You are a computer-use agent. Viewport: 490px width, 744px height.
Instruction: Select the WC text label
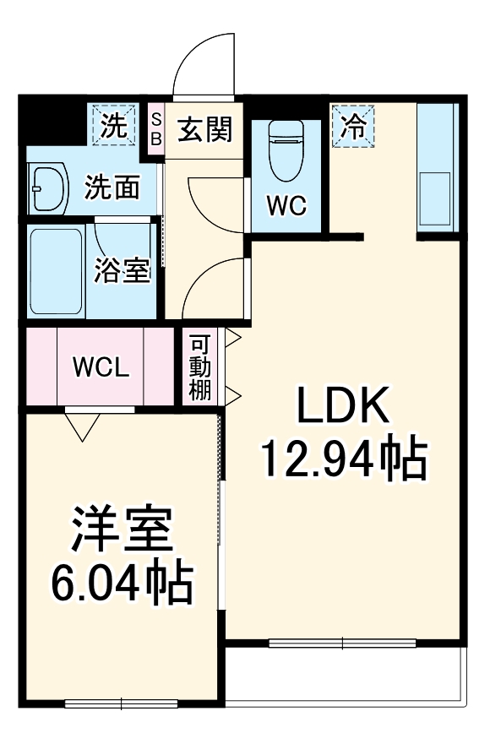click(286, 204)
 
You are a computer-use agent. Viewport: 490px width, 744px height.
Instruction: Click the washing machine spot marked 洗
click(113, 125)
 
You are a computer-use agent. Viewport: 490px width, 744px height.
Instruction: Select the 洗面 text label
click(112, 187)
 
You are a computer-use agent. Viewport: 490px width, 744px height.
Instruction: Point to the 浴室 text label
click(122, 270)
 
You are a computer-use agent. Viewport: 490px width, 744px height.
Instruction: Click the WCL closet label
click(101, 367)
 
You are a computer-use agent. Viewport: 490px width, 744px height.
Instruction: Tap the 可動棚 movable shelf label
click(200, 367)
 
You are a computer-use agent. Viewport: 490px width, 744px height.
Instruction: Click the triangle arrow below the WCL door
click(84, 427)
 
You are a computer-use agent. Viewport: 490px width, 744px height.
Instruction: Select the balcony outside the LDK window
click(346, 676)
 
